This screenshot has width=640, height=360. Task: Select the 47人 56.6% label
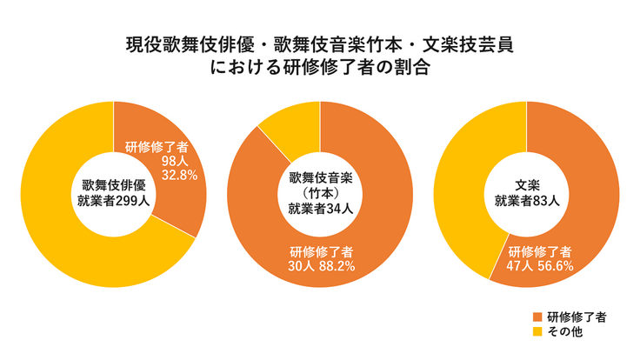coord(540,266)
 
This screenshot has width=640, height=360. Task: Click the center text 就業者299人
coord(113,200)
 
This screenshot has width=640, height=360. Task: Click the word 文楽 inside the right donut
coord(527,184)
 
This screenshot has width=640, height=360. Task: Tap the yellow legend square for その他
coord(537,332)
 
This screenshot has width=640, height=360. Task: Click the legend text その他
coord(566,332)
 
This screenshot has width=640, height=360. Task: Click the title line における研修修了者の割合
coord(320,68)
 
